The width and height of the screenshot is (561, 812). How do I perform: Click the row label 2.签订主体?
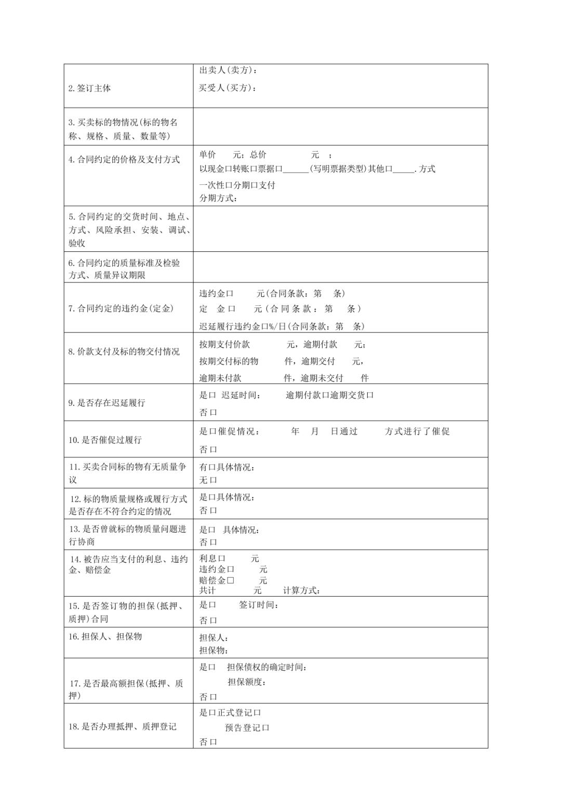point(89,88)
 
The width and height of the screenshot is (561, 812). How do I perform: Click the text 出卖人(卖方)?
point(228,70)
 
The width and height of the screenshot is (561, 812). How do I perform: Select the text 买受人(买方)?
point(228,88)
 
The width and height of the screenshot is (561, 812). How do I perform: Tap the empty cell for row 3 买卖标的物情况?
point(340,127)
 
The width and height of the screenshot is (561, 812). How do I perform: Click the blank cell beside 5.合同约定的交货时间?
point(340,229)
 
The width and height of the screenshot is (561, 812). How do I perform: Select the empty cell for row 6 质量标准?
point(340,267)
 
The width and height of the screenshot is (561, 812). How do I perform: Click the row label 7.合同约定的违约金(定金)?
point(121,308)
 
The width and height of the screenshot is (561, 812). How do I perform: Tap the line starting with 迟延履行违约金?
point(282,326)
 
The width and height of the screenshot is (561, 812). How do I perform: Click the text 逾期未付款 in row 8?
point(220,378)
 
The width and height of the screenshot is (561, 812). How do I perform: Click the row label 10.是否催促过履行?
point(105,440)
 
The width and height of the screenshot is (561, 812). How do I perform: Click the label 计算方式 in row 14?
point(301,590)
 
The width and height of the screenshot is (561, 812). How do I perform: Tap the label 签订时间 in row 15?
point(259,605)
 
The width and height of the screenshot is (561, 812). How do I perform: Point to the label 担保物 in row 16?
point(213,650)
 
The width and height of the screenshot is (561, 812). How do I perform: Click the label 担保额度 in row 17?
point(246,682)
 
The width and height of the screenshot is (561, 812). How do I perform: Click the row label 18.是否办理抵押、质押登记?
point(123,726)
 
